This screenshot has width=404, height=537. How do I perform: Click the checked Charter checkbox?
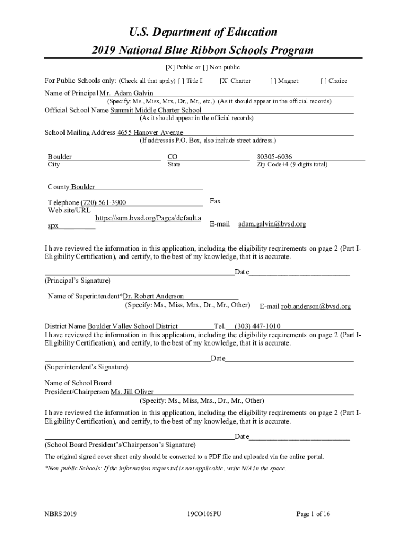coord(224,81)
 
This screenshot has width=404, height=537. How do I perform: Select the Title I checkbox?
coord(181,81)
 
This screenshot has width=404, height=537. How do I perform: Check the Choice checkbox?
coord(324,81)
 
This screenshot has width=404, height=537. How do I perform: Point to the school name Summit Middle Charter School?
coord(155,110)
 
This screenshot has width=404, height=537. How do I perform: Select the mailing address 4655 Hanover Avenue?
coord(150,133)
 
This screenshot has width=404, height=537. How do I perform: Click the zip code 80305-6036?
coord(274,157)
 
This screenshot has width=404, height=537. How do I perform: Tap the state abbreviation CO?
coord(173,157)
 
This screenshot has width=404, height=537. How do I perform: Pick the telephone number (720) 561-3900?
coord(103,203)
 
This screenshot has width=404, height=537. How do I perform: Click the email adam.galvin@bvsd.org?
coord(272,224)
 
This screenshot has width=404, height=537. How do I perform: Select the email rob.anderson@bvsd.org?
coord(316,306)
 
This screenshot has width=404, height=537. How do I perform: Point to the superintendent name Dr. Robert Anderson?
coord(153,296)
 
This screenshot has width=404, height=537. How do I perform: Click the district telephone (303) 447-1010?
coord(257,326)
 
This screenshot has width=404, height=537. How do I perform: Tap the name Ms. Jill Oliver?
coord(132,392)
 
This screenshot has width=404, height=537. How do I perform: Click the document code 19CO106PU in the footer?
coord(204,514)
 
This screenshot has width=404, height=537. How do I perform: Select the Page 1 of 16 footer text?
coord(313,514)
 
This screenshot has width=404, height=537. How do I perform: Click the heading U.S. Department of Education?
coord(203,32)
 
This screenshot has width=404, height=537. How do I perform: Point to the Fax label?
coord(215,201)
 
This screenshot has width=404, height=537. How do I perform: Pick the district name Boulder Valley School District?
coord(132,326)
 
